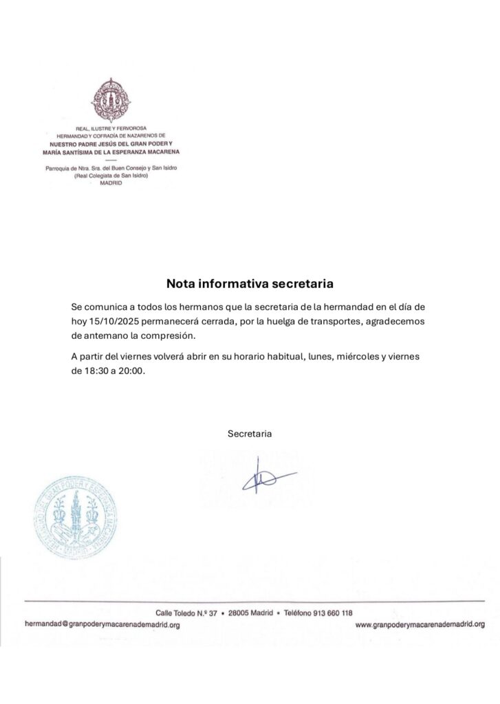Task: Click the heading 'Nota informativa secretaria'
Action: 250,283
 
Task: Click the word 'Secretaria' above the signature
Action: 250,434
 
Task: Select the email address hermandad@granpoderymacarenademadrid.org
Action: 102,625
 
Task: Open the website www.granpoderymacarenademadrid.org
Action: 420,625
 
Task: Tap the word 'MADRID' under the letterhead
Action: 111,183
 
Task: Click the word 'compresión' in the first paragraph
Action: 173,335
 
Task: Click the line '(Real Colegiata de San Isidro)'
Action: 111,176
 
